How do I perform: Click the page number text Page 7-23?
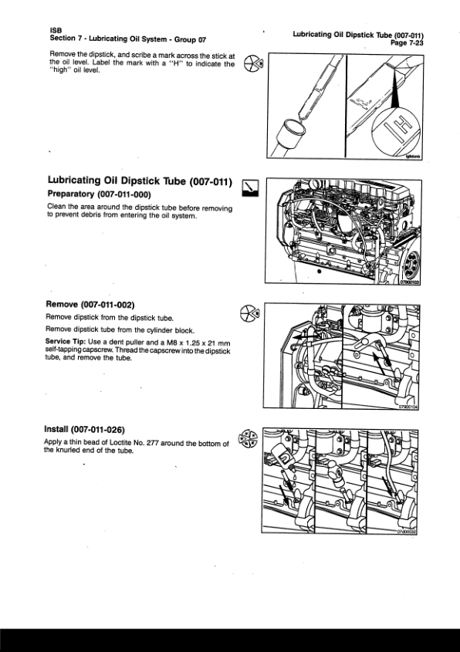click(407, 42)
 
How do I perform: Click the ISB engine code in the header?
click(56, 30)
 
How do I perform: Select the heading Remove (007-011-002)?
click(90, 305)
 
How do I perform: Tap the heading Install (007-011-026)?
click(84, 429)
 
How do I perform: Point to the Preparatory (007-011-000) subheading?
click(99, 194)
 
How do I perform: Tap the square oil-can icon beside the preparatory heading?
click(250, 188)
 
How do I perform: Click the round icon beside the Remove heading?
click(250, 313)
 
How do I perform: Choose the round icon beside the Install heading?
click(248, 439)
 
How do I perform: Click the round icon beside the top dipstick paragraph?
click(253, 63)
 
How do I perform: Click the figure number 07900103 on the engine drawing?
click(410, 282)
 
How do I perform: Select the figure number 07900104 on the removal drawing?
click(408, 407)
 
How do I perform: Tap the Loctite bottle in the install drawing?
click(282, 457)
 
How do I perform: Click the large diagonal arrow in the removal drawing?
click(382, 363)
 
